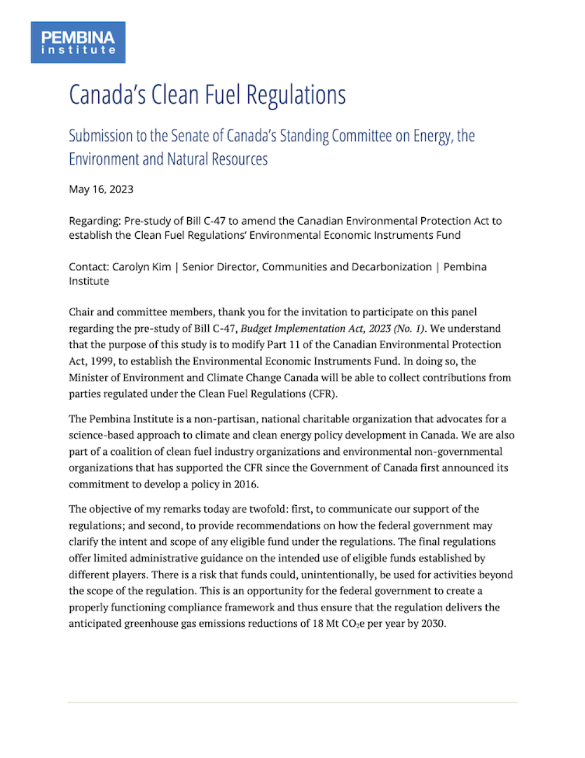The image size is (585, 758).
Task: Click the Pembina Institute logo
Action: coord(78,42)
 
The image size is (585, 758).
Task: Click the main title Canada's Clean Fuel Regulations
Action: coord(207,95)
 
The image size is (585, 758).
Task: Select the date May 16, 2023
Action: coord(101,189)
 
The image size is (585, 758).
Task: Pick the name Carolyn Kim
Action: coord(142,267)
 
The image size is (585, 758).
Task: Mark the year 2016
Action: coord(245,485)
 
